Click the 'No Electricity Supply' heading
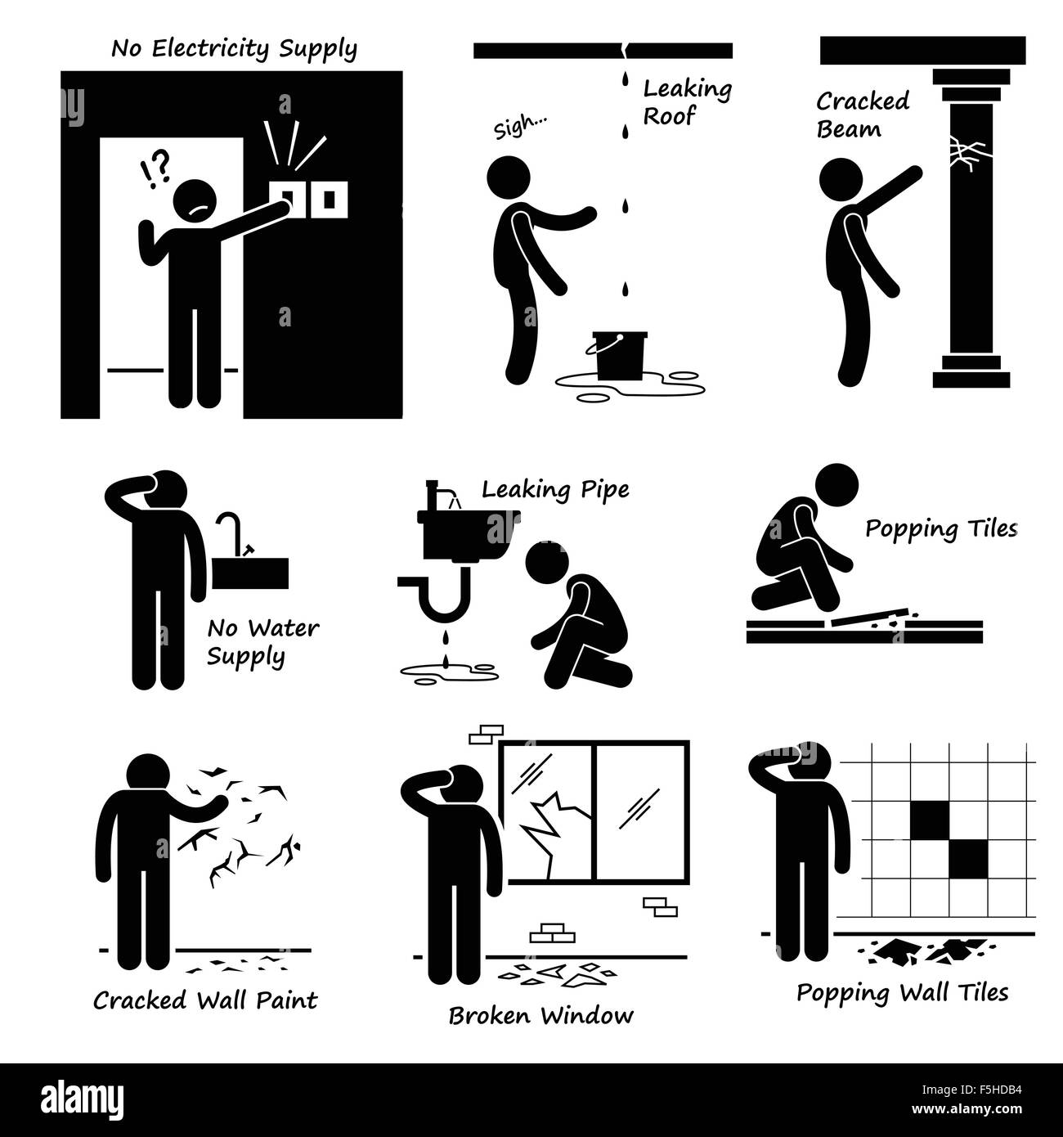[x=234, y=49]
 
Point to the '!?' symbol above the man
[x=155, y=169]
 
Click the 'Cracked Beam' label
[x=862, y=115]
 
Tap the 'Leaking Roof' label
[x=686, y=102]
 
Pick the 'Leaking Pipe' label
[x=555, y=490]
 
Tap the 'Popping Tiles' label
[x=941, y=529]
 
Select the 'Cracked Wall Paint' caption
[x=204, y=1000]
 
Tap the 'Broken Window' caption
[x=540, y=1016]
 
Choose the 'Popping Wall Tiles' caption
[x=902, y=992]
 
